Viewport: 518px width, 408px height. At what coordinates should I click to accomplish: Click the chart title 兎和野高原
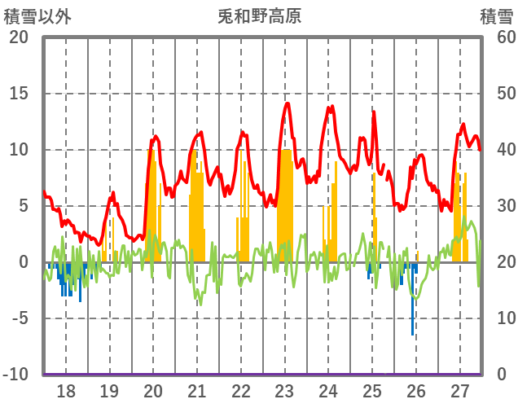(259, 16)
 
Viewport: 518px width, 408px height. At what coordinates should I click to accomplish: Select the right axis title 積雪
(496, 16)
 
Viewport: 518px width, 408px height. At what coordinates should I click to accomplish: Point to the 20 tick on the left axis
(18, 37)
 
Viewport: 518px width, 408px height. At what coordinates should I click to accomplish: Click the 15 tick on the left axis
(18, 94)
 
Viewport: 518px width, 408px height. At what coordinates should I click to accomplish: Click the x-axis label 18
(65, 390)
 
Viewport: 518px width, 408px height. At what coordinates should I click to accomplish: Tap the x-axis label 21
(197, 390)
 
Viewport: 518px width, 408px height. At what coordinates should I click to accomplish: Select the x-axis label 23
(284, 390)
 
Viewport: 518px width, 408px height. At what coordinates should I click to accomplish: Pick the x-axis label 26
(416, 390)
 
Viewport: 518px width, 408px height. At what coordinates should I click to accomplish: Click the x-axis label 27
(460, 390)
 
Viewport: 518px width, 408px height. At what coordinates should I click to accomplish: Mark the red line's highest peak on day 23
(288, 103)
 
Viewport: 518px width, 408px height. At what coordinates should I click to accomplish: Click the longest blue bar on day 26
(412, 309)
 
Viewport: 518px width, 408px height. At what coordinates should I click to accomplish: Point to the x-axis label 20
(153, 390)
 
